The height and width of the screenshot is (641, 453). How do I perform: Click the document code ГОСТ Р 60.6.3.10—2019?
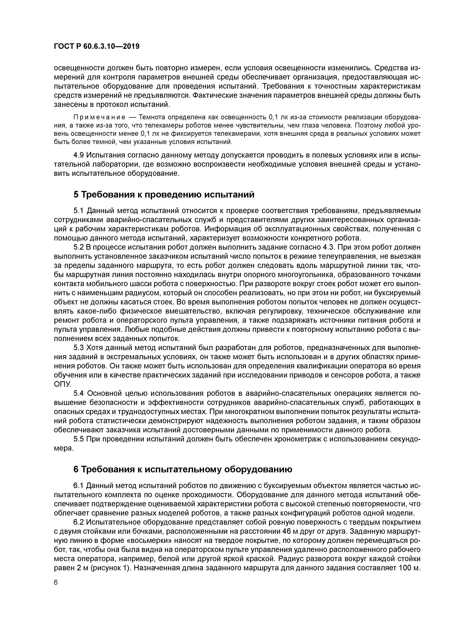96,46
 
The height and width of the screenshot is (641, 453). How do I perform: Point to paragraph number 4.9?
79,155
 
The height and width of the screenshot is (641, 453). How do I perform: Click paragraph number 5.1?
79,210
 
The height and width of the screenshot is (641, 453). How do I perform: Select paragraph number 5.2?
79,247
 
